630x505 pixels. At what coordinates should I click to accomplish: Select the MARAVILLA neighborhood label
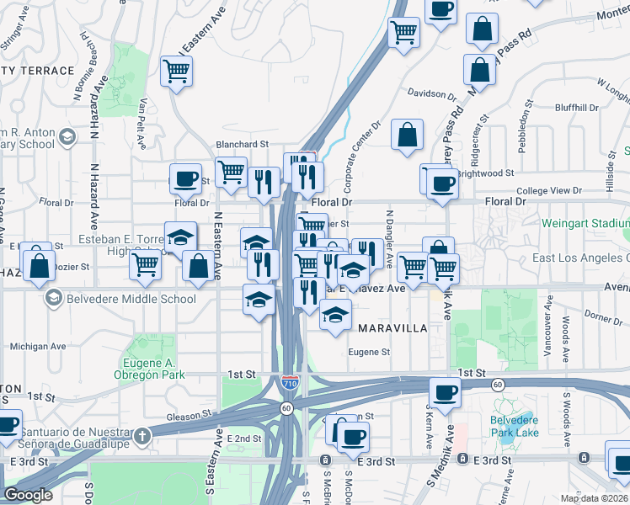[x=392, y=328]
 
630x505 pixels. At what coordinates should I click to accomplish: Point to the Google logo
[x=29, y=495]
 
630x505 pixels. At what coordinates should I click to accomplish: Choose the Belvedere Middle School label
[x=131, y=299]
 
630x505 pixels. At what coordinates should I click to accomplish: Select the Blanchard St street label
[x=242, y=145]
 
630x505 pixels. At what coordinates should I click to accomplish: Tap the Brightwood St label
[x=486, y=173]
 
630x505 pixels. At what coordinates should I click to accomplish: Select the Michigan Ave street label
[x=38, y=346]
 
